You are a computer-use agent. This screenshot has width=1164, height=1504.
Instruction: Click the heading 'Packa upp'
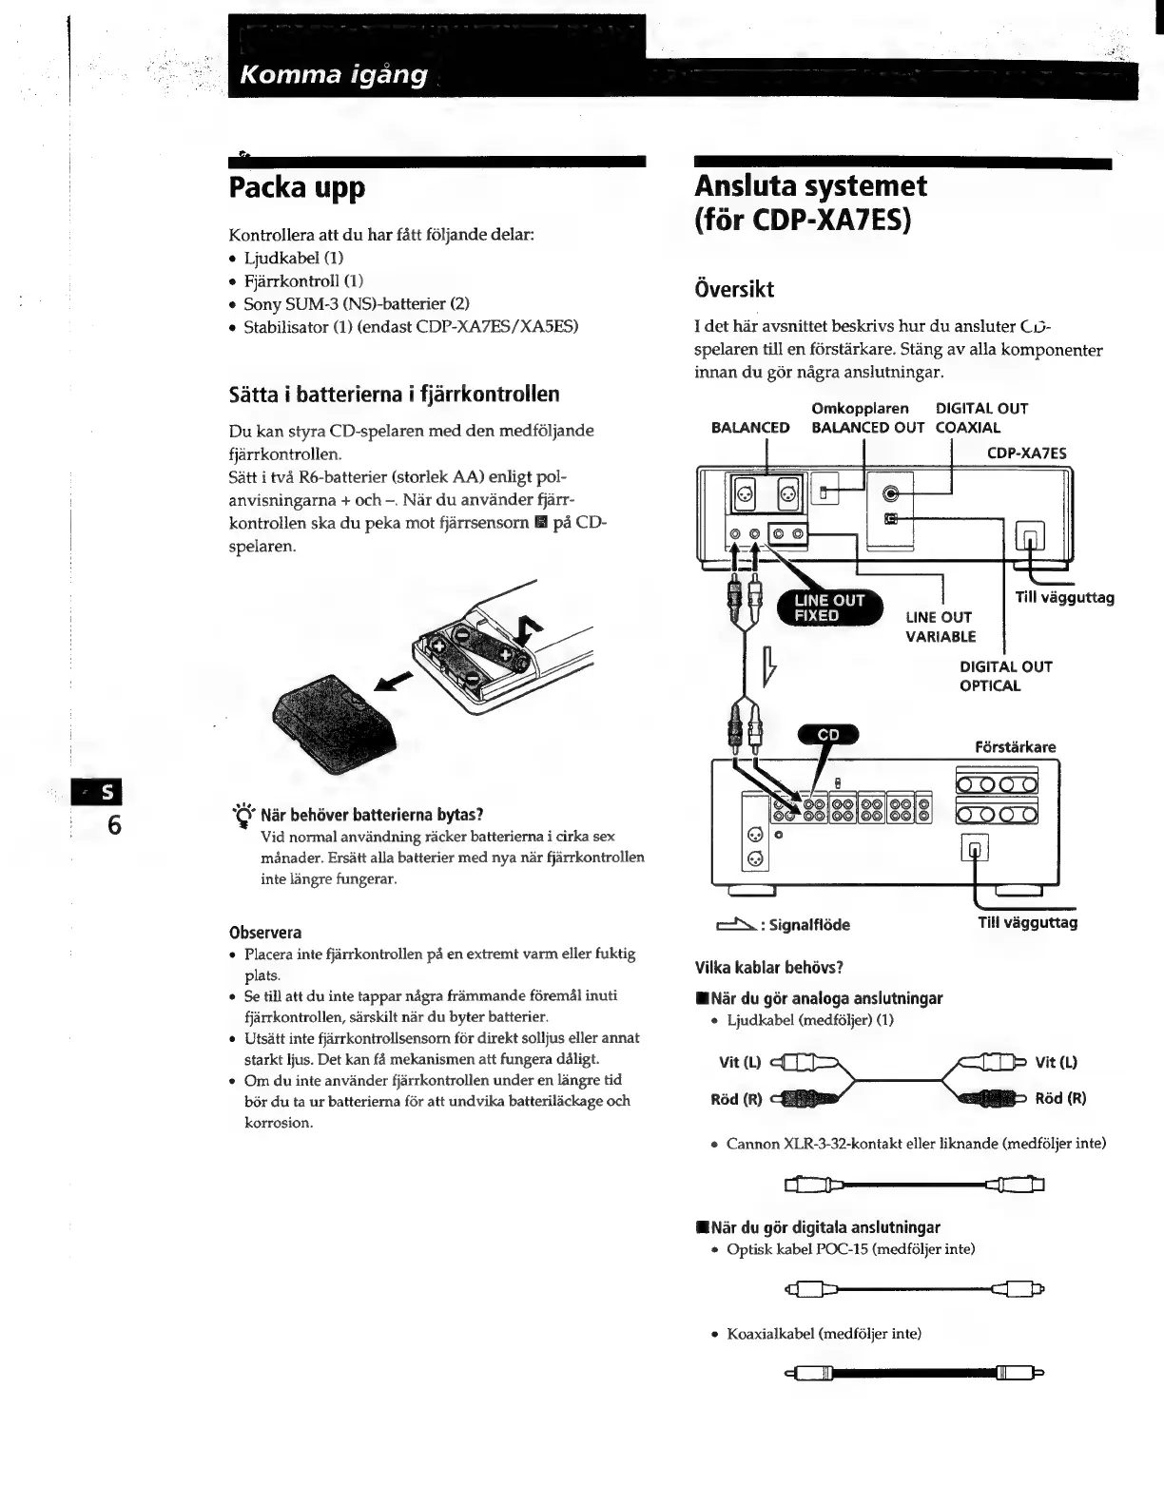(297, 187)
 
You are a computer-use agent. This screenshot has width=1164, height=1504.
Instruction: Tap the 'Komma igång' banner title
(334, 74)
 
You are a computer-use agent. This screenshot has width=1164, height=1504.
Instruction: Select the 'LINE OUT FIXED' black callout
(829, 607)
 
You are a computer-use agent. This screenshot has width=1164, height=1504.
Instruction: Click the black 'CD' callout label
(828, 734)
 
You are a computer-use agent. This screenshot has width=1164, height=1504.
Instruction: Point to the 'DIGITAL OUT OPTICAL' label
(1005, 676)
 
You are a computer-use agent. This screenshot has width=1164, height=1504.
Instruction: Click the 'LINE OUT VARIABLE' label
(940, 627)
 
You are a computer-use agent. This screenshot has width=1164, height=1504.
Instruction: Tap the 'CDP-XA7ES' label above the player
(1026, 453)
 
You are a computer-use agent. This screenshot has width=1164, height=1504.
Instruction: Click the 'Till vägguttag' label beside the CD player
(1064, 598)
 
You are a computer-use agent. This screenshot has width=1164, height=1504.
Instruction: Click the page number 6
(113, 824)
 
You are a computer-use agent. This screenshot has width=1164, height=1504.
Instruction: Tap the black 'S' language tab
(104, 793)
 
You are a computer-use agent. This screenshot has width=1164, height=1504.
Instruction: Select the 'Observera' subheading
(265, 933)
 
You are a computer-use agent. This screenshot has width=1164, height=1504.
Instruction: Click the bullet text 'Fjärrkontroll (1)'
(303, 280)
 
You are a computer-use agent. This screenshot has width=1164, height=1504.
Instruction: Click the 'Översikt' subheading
(734, 289)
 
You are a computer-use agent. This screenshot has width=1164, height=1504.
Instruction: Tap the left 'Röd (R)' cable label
(736, 1099)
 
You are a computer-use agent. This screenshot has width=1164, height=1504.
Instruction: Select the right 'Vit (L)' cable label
(1056, 1063)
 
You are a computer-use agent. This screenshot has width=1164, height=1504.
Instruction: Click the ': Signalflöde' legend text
(808, 924)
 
